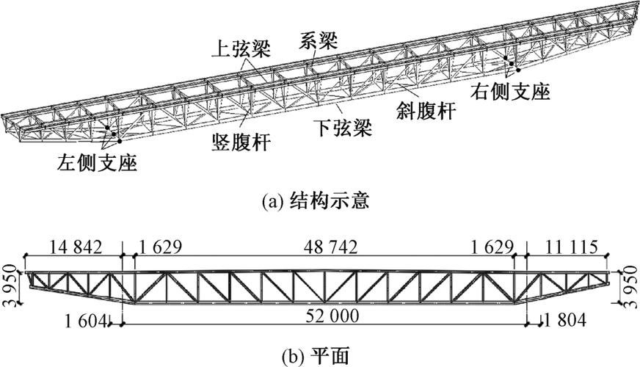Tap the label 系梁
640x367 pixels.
[319, 41]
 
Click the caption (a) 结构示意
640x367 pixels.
[320, 199]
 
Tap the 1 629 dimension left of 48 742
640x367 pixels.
[160, 246]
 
